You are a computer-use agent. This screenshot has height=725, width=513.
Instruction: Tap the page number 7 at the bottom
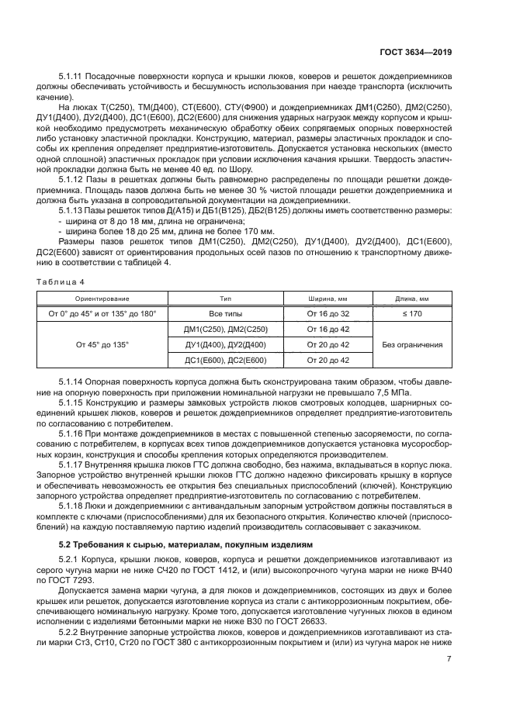click(x=449, y=659)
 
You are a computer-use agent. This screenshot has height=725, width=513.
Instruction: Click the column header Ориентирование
click(x=102, y=298)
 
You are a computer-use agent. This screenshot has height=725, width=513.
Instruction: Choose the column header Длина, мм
click(x=412, y=298)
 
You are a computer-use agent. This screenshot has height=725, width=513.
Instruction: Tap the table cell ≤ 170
click(x=412, y=313)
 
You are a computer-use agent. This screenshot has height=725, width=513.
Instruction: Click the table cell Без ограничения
click(x=412, y=344)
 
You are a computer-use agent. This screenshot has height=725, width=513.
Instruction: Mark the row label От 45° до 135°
click(x=102, y=344)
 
